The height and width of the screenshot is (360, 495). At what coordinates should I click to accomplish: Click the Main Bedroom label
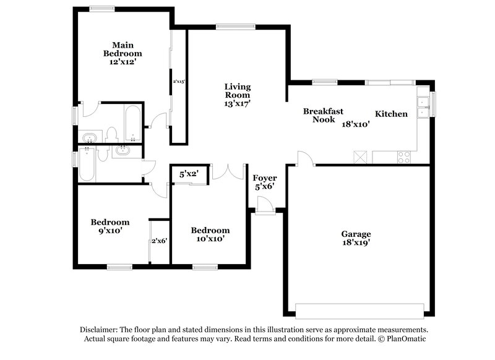(x=119, y=53)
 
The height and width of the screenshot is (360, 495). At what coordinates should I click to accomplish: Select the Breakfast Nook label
(x=323, y=115)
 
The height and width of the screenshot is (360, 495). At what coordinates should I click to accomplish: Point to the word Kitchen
(x=391, y=114)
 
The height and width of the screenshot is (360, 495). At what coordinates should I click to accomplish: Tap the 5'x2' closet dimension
(x=188, y=174)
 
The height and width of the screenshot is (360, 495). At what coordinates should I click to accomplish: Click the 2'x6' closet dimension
(x=160, y=241)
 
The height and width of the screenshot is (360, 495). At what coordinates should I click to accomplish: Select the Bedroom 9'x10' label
(x=110, y=226)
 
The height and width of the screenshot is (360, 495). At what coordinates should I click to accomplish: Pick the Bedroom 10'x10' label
(x=210, y=234)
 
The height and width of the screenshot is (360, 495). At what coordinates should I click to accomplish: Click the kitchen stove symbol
(x=404, y=157)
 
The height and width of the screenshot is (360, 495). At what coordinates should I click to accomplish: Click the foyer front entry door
(x=264, y=205)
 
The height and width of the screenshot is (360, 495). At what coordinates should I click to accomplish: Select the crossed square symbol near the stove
(x=360, y=156)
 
